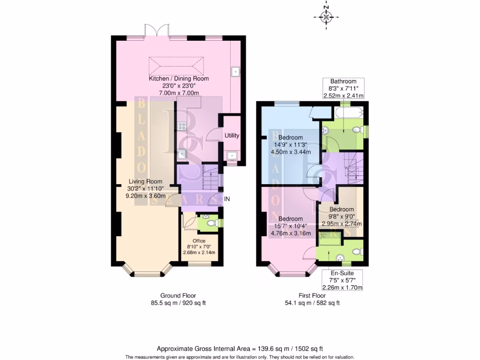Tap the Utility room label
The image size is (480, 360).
(232, 136)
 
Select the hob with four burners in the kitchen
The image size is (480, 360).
(182, 126)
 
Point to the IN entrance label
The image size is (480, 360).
(227, 199)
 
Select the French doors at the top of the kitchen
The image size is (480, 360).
(157, 31)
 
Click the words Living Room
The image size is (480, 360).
(145, 181)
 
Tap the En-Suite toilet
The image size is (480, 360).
(356, 252)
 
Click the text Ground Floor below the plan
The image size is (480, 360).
(178, 296)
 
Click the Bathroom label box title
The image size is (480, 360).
(343, 81)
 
